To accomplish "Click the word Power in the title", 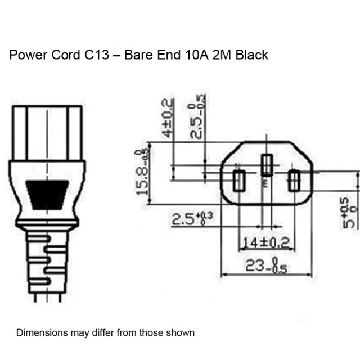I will pyautogui.click(x=26, y=55).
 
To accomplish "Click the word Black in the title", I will pyautogui.click(x=252, y=55).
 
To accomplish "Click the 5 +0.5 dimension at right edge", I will pyautogui.click(x=350, y=213).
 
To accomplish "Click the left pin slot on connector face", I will pyautogui.click(x=238, y=181).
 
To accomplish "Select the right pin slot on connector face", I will pyautogui.click(x=294, y=181).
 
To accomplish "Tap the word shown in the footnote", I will pyautogui.click(x=182, y=332).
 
